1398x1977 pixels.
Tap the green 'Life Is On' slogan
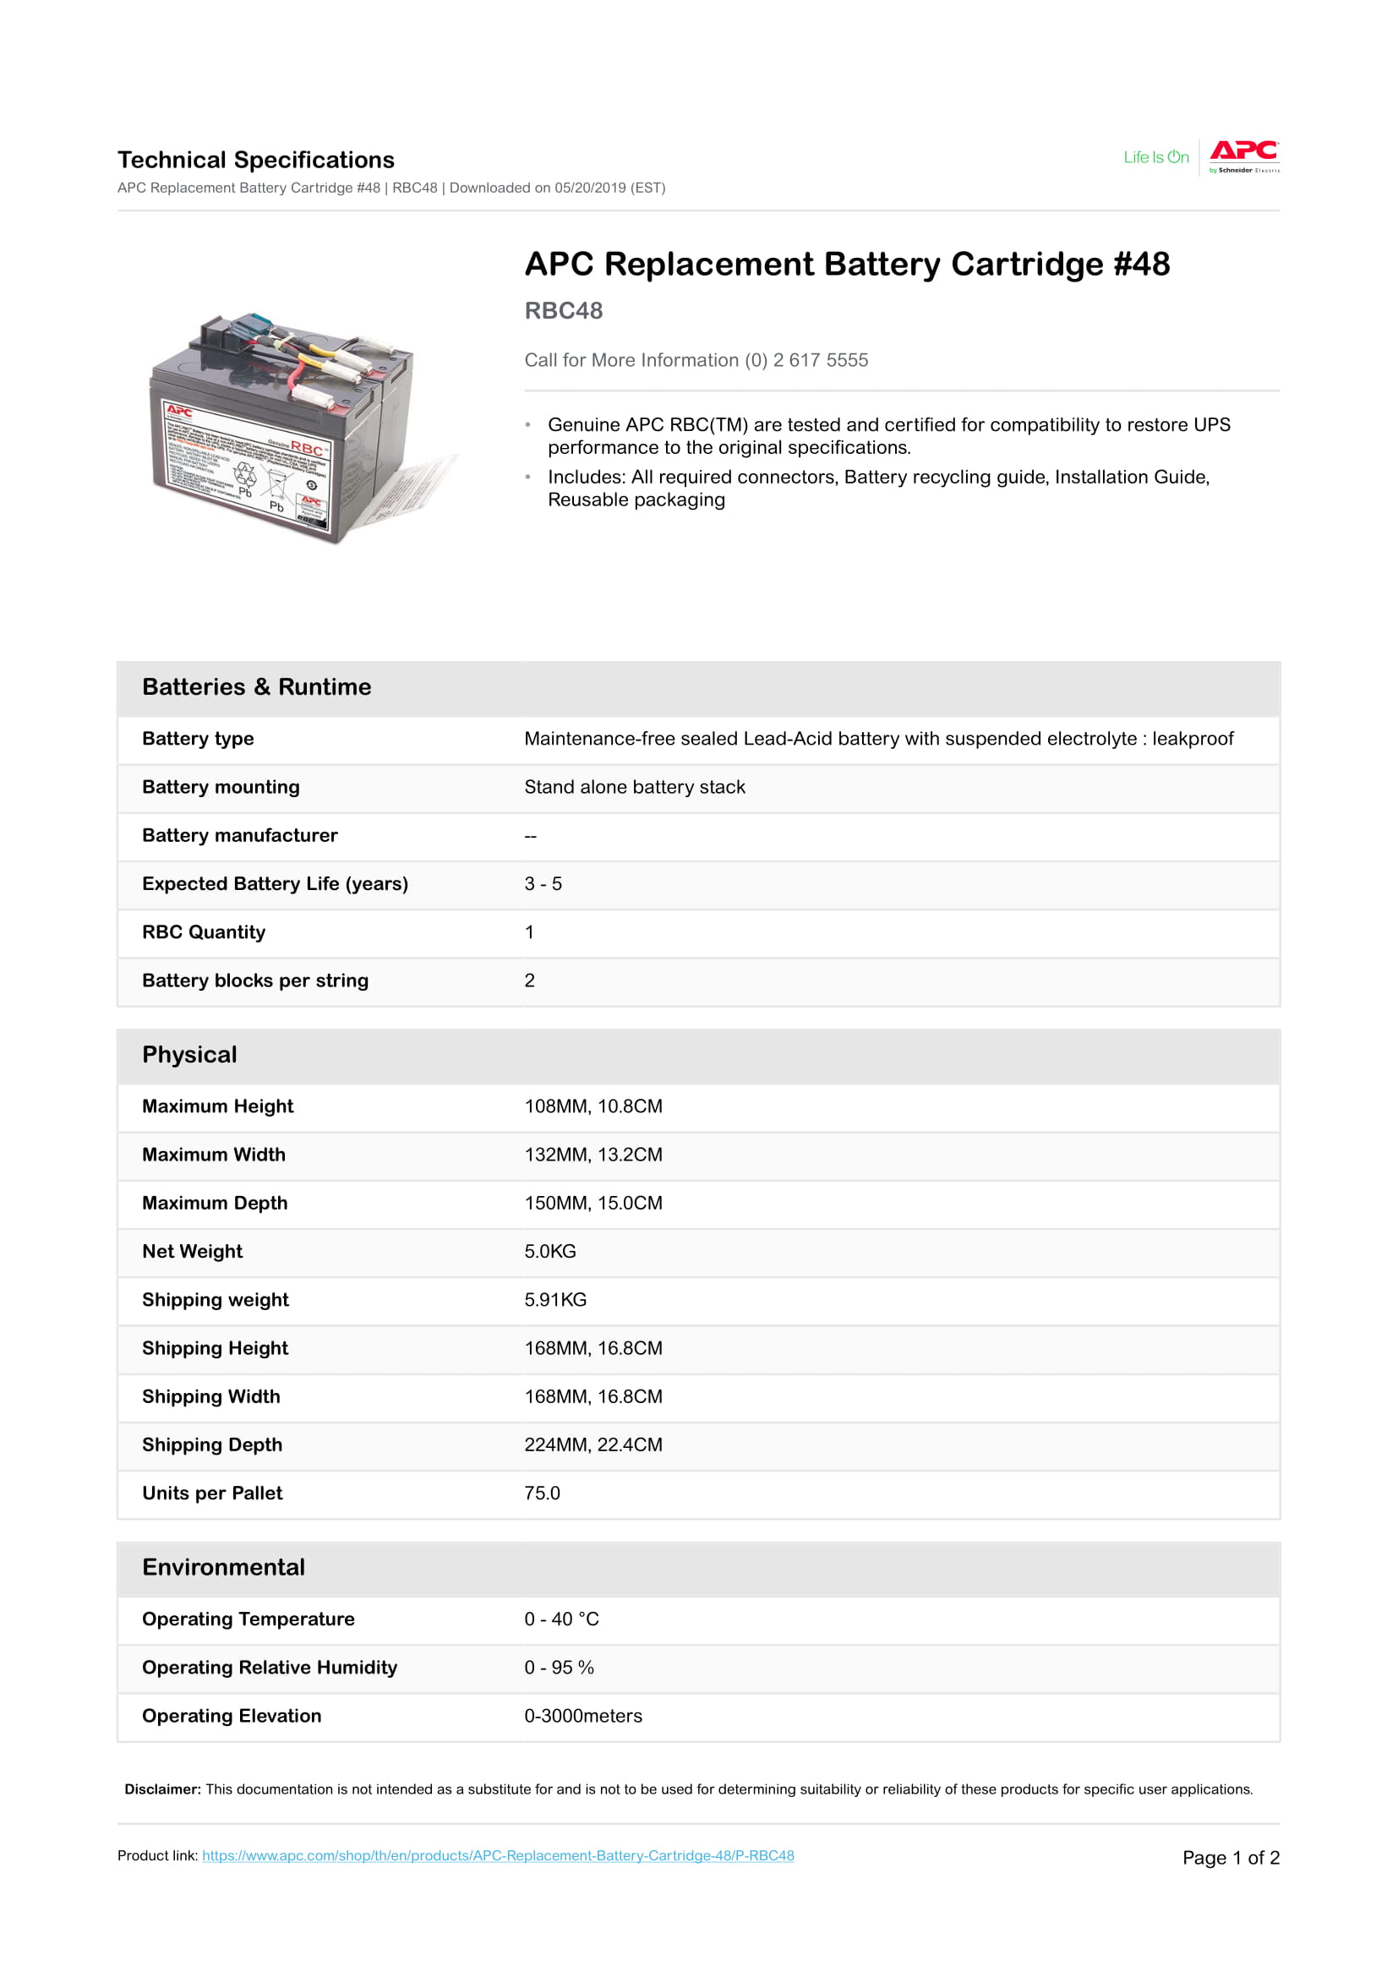point(1155,156)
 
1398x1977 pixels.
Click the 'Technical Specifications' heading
point(255,159)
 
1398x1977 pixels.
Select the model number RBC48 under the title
point(563,310)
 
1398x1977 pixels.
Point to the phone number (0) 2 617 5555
point(820,360)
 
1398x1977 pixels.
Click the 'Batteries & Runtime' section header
point(257,686)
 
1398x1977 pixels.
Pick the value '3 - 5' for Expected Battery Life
point(543,883)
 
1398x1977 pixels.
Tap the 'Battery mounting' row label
point(221,787)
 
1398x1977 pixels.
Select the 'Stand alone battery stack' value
point(635,787)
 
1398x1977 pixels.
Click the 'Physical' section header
point(189,1054)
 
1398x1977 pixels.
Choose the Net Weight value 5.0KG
point(550,1251)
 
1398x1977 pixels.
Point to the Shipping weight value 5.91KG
point(555,1299)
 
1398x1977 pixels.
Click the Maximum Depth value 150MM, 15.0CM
point(593,1203)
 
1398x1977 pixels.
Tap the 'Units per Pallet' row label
point(212,1493)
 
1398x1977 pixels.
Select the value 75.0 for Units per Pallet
point(542,1493)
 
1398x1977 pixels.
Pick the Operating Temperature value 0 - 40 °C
point(561,1619)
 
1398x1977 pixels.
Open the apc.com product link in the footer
point(498,1854)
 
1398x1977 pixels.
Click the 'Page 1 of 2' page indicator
point(1230,1857)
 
